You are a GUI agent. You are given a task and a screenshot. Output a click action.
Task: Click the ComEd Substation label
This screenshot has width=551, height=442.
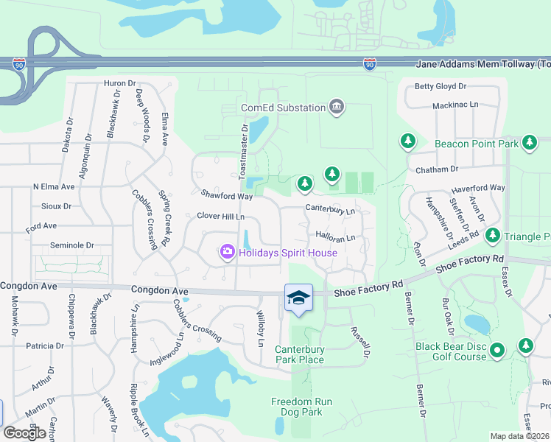tap(283, 108)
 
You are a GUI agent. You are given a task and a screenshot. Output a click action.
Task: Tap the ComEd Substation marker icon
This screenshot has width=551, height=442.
tap(336, 108)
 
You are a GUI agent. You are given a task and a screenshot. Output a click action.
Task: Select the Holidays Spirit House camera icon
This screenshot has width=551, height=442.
tap(227, 253)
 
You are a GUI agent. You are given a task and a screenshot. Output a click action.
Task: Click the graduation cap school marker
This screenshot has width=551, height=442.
tap(298, 298)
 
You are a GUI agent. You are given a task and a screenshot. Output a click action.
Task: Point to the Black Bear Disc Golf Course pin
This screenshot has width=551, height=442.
tap(498, 351)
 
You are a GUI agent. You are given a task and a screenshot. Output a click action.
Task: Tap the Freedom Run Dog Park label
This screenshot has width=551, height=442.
tap(296, 407)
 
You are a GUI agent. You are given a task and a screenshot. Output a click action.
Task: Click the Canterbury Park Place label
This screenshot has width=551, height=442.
tap(299, 354)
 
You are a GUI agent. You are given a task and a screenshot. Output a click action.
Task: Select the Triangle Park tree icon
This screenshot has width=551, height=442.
tap(492, 236)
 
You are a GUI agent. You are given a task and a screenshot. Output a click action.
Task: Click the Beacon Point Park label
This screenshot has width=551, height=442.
tap(477, 144)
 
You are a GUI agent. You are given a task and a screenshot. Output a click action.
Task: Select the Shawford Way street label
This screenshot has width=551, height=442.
tap(227, 196)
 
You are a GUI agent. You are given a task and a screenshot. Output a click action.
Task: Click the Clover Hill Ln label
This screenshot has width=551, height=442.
tap(220, 217)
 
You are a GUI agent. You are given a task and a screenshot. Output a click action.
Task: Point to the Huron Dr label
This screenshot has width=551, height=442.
tap(121, 84)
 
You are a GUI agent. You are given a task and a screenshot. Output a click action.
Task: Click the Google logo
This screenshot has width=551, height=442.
tap(25, 433)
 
